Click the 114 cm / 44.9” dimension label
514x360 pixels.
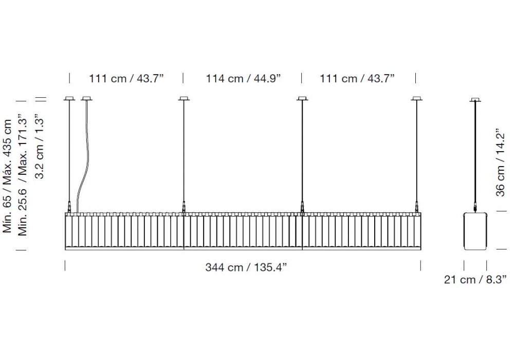point(243,79)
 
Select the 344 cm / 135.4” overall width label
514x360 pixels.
point(246,267)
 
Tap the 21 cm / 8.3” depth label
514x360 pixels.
point(475,280)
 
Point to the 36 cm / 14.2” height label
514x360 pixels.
point(500,163)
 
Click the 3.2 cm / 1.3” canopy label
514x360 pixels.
point(40,146)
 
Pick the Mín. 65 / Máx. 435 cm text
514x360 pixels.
point(7,176)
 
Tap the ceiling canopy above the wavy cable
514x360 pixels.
point(86,98)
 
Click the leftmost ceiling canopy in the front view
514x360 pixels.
point(69,98)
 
